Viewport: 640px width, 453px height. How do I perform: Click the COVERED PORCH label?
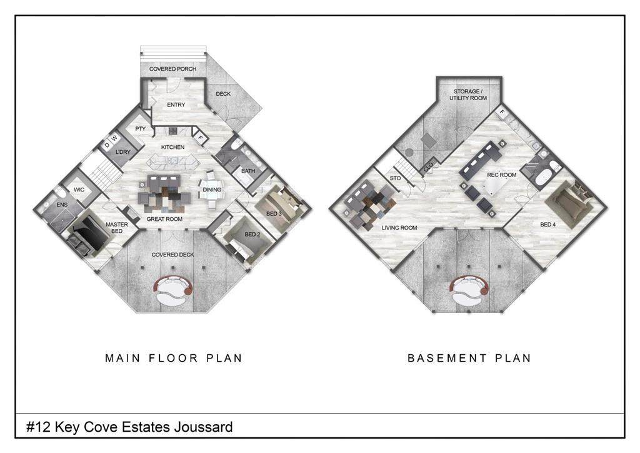(172, 69)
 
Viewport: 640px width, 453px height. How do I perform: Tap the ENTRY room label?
(176, 104)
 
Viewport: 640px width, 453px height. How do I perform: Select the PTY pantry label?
(141, 129)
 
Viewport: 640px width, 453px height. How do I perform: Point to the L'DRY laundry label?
(123, 152)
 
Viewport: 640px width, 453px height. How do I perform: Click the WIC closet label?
(79, 190)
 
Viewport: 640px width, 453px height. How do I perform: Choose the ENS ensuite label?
(62, 205)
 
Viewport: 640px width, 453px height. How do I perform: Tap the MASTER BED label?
(117, 228)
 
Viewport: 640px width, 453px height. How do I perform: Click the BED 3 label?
(274, 213)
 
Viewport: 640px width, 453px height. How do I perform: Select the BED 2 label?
(252, 235)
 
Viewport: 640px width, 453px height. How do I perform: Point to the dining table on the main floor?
(211, 190)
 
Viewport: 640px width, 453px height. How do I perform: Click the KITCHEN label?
(172, 147)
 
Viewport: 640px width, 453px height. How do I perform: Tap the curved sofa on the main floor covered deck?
(173, 289)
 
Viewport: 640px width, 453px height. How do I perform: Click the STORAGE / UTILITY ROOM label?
(468, 94)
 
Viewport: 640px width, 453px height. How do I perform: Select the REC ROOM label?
(502, 175)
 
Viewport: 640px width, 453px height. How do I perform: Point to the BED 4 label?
(547, 224)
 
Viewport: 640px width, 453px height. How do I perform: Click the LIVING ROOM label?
(399, 228)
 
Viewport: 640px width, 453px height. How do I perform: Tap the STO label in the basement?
(395, 178)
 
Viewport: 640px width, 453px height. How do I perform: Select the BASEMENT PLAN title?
(469, 359)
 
